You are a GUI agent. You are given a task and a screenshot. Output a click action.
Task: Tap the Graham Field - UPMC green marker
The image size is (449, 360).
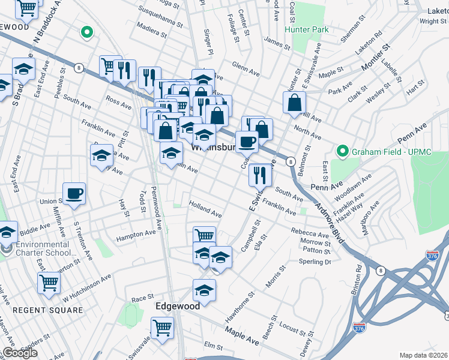tap(343, 151)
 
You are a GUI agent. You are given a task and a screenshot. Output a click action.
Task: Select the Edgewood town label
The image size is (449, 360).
tap(177, 306)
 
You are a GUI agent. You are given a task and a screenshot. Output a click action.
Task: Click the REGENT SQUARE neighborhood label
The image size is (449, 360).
tap(48, 310)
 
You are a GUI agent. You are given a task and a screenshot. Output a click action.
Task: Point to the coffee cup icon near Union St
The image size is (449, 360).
tap(74, 194)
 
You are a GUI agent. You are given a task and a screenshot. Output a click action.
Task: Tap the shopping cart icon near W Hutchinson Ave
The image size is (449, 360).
tap(49, 283)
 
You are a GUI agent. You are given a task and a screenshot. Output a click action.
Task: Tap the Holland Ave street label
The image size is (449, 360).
tap(206, 209)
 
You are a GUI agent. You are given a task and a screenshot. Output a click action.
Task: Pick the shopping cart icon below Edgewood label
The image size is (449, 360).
tap(162, 328)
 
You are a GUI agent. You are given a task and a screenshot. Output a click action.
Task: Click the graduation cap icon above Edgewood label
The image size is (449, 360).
tap(204, 291)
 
